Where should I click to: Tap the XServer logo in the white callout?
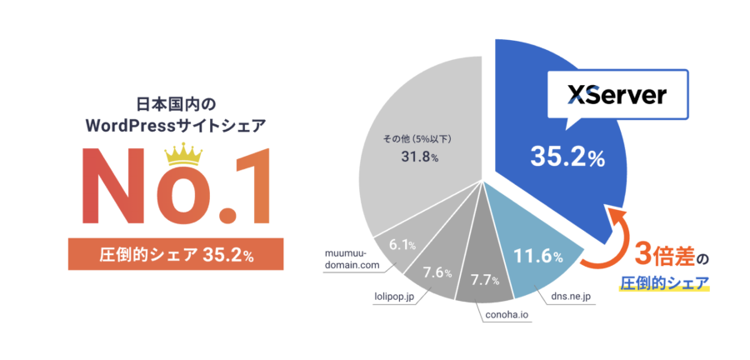(617, 96)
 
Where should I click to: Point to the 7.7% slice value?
(486, 277)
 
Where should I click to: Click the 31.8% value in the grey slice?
(422, 157)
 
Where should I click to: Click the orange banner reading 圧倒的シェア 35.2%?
(176, 254)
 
